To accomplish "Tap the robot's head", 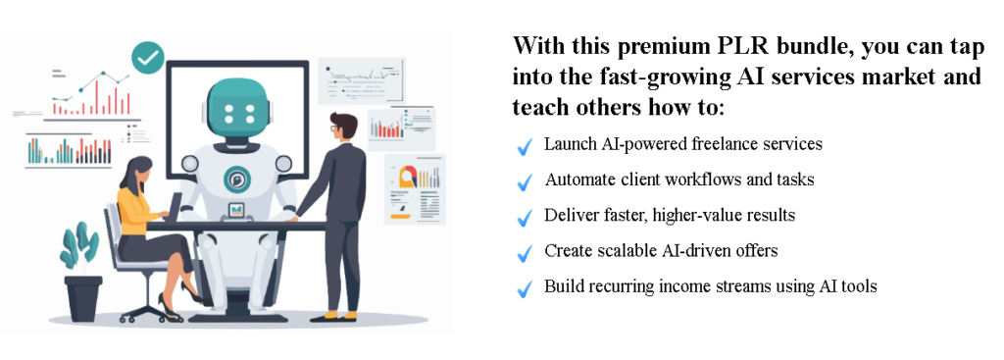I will [238, 105].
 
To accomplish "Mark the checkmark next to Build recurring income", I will [524, 288].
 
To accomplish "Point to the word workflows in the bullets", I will [721, 180].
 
